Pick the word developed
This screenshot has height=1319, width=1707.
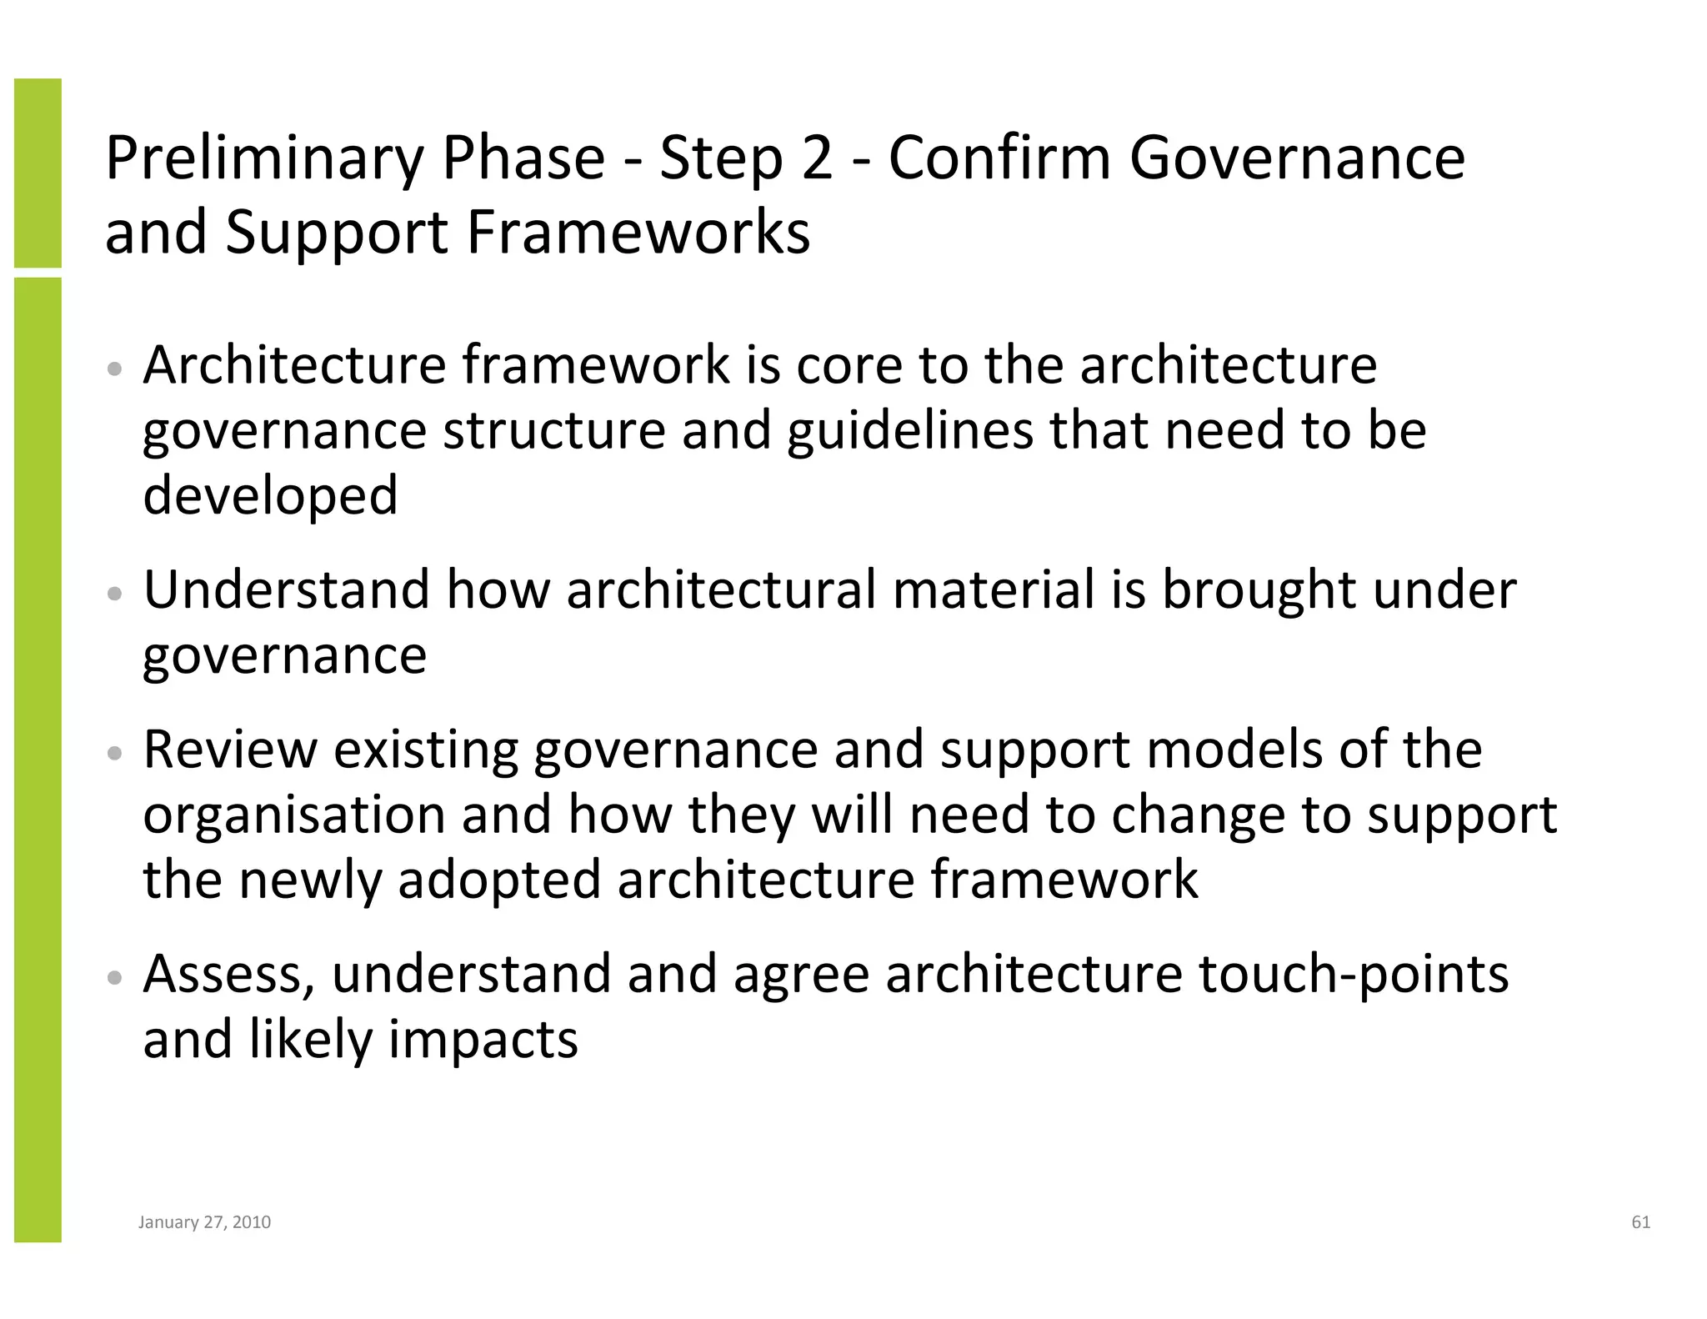click(x=270, y=495)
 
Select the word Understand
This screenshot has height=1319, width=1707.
click(x=287, y=589)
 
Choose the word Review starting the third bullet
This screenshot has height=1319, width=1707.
click(x=230, y=749)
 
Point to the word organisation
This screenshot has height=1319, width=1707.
click(x=294, y=814)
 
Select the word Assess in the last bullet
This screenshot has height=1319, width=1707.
click(x=228, y=974)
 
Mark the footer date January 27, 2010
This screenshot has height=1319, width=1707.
click(x=204, y=1222)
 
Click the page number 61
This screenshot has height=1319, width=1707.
click(x=1640, y=1222)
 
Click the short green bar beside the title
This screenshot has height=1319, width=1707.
click(x=38, y=173)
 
